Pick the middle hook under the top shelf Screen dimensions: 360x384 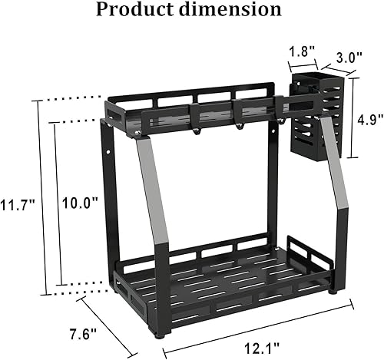[x=238, y=125]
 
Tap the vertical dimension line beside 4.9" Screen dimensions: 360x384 [x=351, y=121]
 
